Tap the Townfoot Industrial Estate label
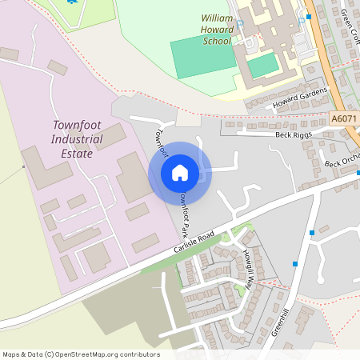tap(78, 139)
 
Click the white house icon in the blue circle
tap(179, 173)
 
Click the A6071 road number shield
tap(343, 118)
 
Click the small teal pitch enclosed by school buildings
tap(262, 66)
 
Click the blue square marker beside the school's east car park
tap(309, 16)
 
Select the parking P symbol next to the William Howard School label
tap(239, 30)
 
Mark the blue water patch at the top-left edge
tap(72, 2)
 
